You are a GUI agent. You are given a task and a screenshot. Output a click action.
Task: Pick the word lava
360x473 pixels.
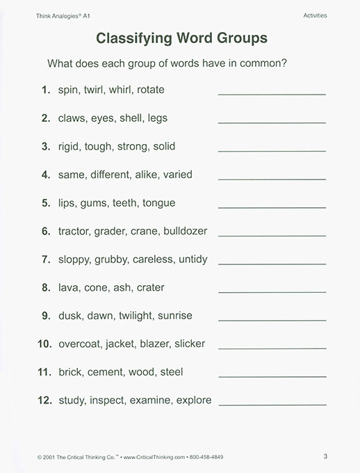point(69,287)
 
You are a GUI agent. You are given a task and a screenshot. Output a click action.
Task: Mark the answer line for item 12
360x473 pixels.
point(272,404)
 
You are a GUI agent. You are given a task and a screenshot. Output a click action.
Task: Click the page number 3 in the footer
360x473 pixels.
point(325,456)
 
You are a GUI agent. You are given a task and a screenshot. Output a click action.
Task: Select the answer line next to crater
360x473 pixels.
point(272,291)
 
